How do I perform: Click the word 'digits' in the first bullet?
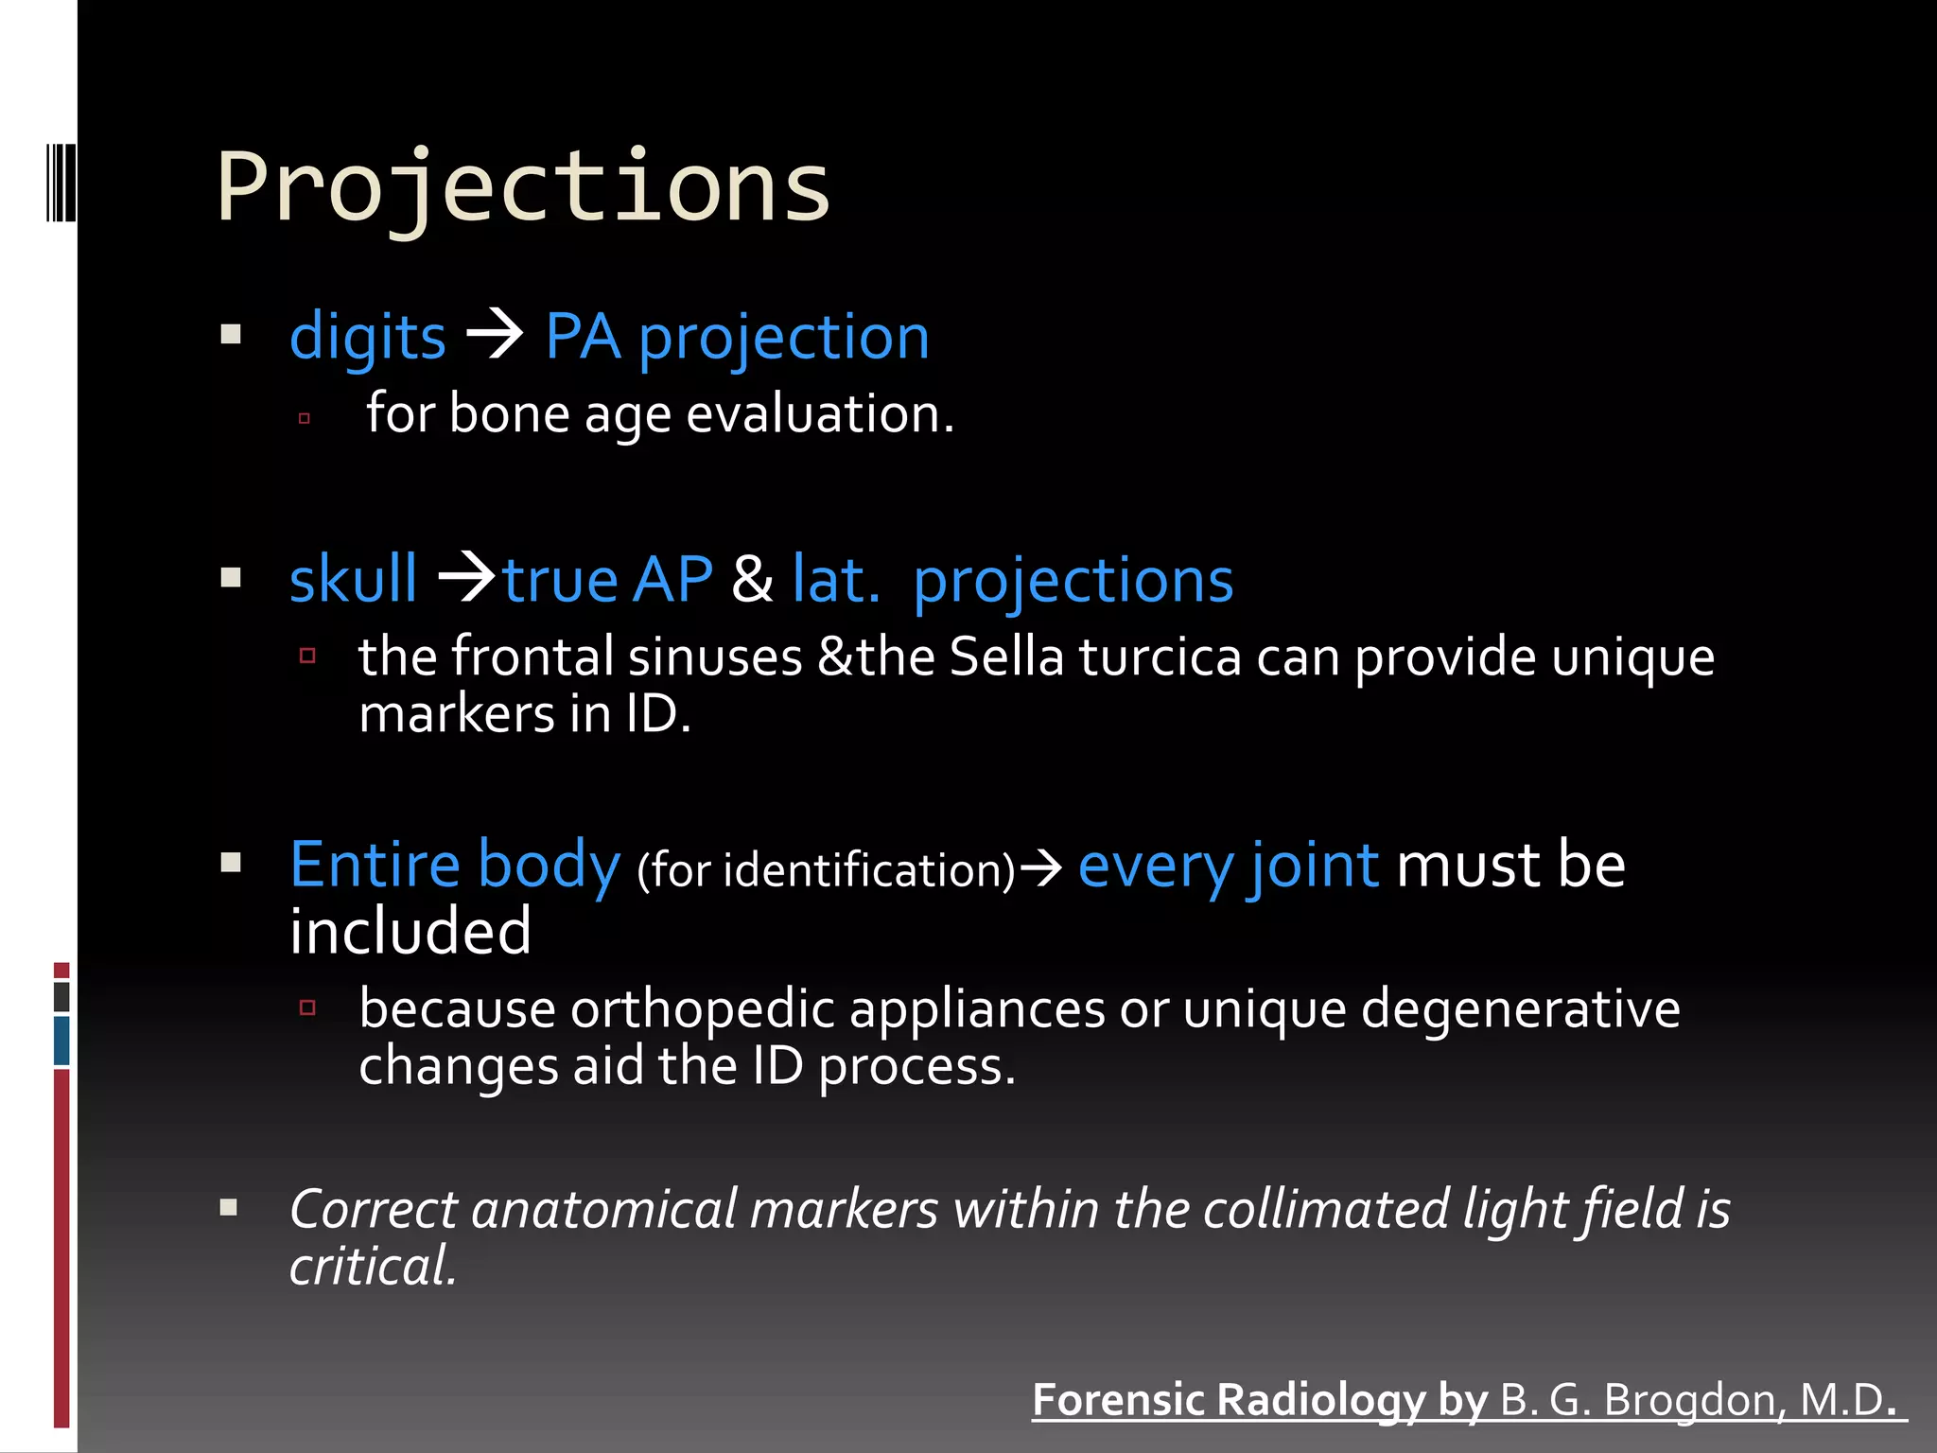click(x=367, y=338)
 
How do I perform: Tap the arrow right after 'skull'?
click(x=467, y=576)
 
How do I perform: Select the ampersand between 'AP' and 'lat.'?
click(x=752, y=579)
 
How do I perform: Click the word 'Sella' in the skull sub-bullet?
click(x=1006, y=656)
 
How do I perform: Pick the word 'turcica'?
click(x=1160, y=656)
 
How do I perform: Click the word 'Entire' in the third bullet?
click(x=375, y=865)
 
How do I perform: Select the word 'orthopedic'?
click(x=704, y=1010)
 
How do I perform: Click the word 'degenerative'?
click(x=1520, y=1010)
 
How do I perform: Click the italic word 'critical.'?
click(x=373, y=1267)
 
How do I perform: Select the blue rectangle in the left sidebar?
click(x=61, y=1040)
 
